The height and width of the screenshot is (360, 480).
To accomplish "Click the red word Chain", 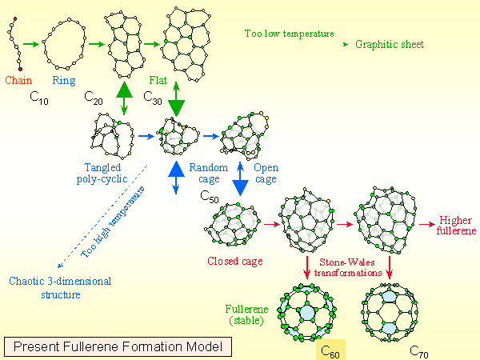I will tap(18, 80).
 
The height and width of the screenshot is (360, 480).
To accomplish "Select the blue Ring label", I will tap(64, 80).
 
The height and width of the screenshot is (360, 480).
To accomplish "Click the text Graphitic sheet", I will tap(390, 44).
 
